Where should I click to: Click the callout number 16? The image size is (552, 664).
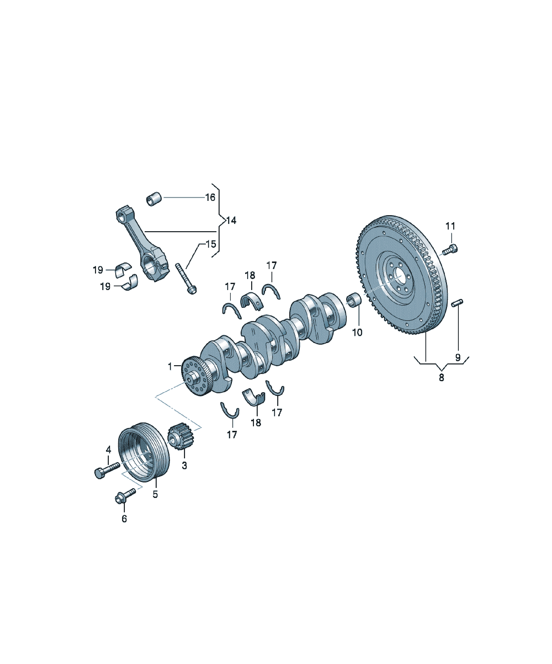pos(210,197)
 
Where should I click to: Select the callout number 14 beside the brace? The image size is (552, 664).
pos(231,220)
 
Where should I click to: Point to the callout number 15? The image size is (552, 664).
pos(211,244)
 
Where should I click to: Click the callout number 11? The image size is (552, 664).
pos(450,226)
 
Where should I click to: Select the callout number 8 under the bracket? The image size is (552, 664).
pos(441,377)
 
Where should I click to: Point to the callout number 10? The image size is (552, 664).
pos(357,332)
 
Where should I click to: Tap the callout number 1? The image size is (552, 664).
pos(170,366)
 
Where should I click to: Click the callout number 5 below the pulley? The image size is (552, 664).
pos(155,494)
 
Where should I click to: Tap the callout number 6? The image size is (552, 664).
pos(124,518)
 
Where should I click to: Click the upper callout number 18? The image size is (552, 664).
pos(250,275)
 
